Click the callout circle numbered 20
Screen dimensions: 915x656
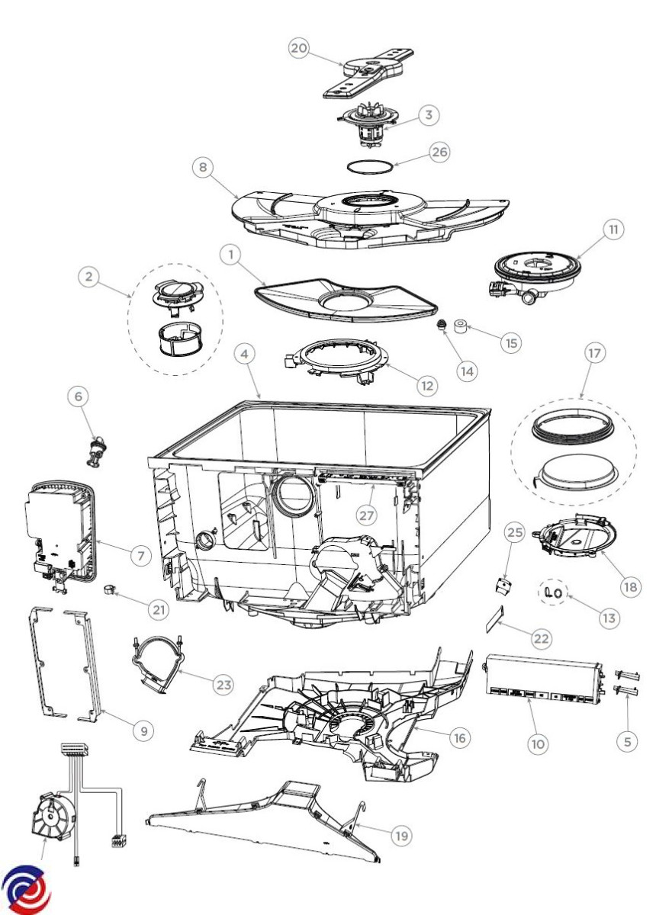(299, 47)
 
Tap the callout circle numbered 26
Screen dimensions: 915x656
(439, 152)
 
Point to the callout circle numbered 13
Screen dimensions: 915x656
(608, 618)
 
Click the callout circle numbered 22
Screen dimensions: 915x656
(541, 639)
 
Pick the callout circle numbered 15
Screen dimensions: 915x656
(511, 342)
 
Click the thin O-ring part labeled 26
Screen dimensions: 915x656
(371, 165)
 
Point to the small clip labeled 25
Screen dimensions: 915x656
(502, 586)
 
